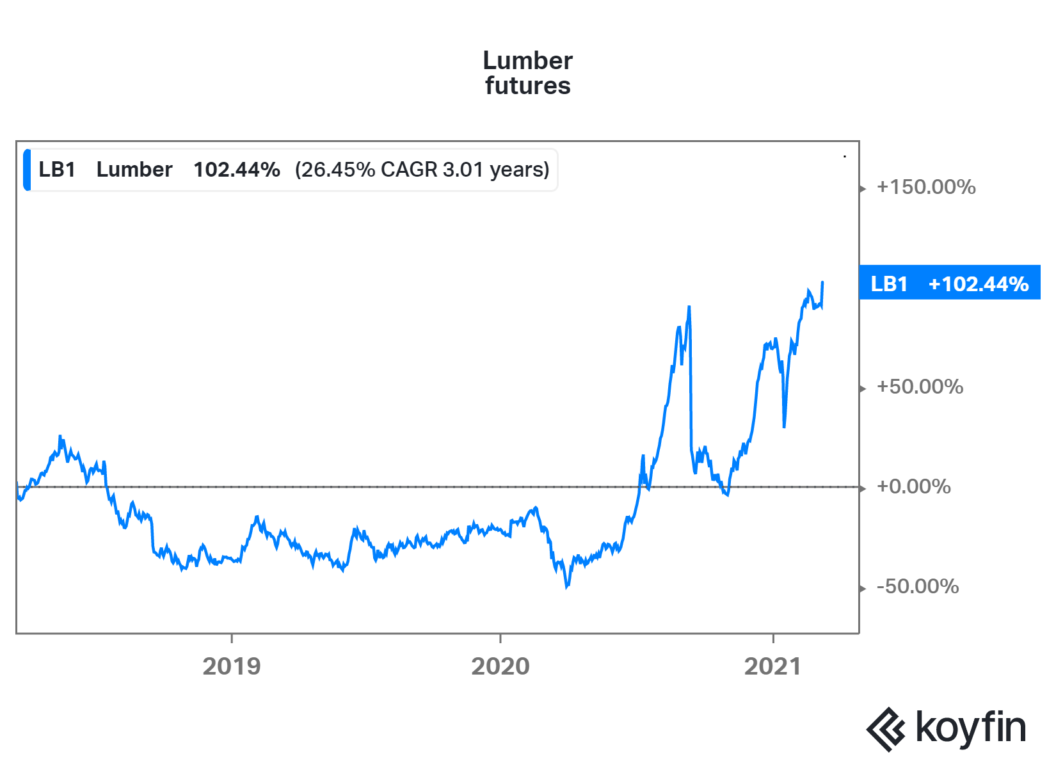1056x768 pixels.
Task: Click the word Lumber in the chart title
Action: [527, 61]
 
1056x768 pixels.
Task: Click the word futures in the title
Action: [527, 86]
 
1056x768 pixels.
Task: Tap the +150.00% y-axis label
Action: [925, 187]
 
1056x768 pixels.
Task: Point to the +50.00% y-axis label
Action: [920, 387]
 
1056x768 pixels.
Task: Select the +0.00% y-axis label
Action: [913, 486]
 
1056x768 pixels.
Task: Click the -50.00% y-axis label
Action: [917, 586]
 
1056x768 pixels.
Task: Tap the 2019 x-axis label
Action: [232, 666]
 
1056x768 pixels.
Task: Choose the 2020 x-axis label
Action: [500, 666]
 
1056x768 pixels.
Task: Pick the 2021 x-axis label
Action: [772, 666]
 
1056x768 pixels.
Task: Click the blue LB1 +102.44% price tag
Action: [949, 283]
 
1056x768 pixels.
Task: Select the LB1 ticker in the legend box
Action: [57, 170]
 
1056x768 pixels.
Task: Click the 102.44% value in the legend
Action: [237, 170]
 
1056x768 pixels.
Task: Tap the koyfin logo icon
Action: [886, 729]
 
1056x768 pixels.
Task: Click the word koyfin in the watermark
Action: [970, 728]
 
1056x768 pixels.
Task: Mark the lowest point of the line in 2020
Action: [566, 586]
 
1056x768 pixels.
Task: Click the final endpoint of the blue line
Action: [822, 282]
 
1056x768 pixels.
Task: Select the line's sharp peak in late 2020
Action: [689, 307]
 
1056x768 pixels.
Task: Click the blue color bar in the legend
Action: [27, 170]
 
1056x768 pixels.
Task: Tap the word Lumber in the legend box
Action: [134, 170]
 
